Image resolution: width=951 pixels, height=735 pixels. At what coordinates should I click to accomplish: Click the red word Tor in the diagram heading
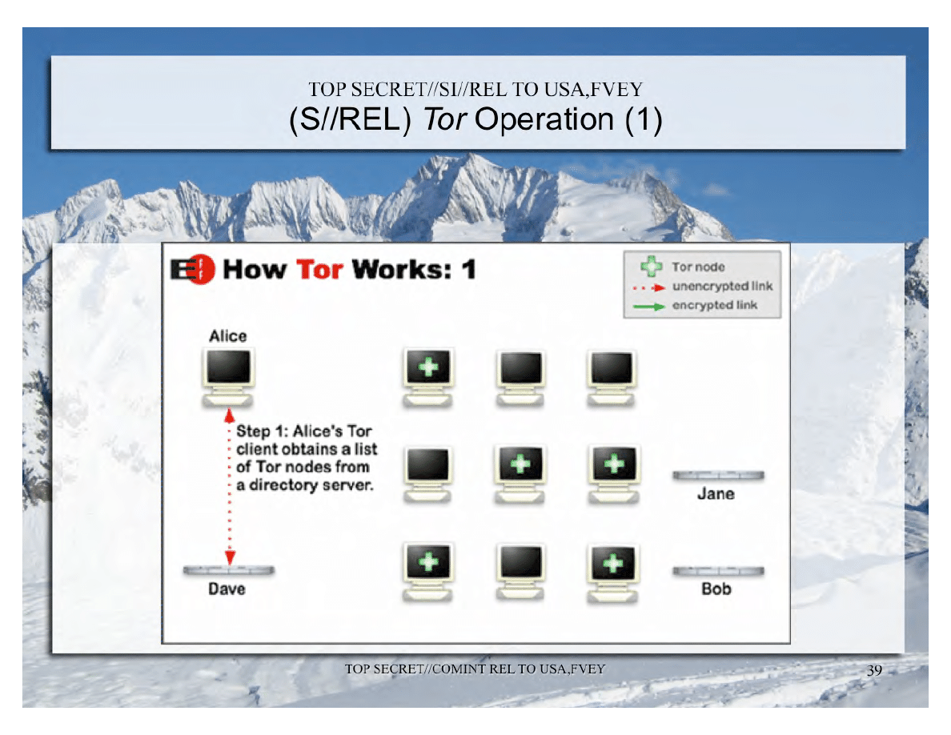319,269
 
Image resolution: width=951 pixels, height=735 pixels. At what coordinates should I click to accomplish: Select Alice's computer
228,376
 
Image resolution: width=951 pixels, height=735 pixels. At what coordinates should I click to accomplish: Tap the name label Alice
228,336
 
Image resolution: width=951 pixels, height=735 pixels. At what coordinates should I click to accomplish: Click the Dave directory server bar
229,570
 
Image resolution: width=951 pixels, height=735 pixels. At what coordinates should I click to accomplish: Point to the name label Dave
227,588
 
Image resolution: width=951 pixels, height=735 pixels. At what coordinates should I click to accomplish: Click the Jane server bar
719,476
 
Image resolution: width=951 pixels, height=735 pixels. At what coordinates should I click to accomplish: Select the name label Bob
716,588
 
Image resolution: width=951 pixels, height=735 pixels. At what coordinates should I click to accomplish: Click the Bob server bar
719,571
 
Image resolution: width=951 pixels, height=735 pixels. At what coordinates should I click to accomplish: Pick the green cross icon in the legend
652,267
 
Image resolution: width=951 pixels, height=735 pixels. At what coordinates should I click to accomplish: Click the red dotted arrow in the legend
649,287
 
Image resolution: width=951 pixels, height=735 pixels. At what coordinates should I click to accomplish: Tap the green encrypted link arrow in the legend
649,306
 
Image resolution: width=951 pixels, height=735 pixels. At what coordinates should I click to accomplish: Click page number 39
875,670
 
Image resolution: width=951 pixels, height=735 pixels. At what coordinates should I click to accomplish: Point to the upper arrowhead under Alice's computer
229,416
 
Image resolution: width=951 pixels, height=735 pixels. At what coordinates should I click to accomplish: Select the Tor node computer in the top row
428,377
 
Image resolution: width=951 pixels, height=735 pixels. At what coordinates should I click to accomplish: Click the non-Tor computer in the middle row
427,474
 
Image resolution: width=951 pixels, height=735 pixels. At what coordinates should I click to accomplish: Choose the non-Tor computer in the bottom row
520,571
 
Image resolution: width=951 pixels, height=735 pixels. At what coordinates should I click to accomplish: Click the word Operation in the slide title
544,118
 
